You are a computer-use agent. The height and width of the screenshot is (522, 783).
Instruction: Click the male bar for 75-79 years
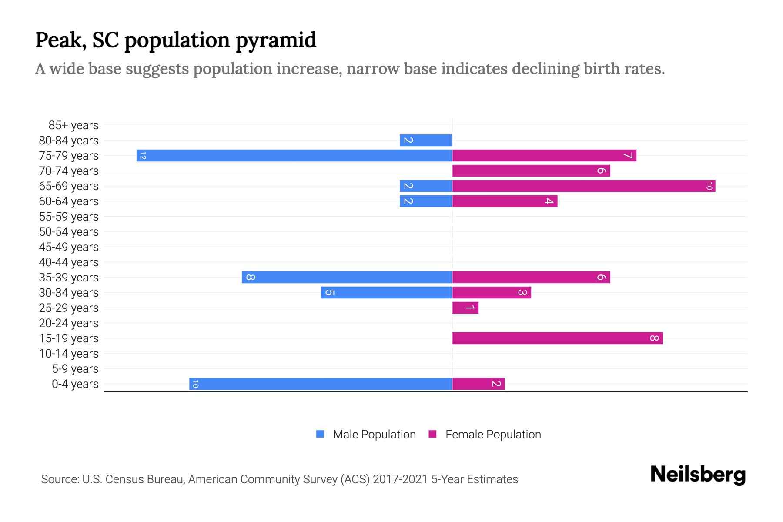point(294,156)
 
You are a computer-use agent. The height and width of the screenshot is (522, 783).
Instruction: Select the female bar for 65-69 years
point(584,186)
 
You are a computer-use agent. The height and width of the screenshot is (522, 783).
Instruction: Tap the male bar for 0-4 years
point(321,384)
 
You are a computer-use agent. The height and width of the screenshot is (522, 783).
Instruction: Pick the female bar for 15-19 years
point(557,338)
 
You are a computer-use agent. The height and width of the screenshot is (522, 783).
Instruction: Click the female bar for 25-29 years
point(465,308)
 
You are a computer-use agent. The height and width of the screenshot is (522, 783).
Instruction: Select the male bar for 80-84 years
point(426,141)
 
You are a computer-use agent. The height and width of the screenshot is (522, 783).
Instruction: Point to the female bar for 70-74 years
point(531,171)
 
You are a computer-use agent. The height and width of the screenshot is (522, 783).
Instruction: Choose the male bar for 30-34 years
point(386,293)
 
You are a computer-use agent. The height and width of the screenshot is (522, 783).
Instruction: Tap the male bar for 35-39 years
point(347,278)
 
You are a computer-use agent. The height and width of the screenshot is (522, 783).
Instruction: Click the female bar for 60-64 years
point(505,201)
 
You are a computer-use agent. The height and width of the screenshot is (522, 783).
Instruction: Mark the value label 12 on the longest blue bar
point(143,156)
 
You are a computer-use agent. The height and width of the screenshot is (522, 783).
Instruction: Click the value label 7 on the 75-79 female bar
point(628,156)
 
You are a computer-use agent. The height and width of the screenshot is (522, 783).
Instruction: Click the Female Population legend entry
point(485,435)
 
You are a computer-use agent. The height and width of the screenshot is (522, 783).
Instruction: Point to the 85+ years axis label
point(74,125)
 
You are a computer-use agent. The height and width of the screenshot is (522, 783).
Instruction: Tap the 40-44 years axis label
point(69,262)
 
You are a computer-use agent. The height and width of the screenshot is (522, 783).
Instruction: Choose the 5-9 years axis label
point(75,369)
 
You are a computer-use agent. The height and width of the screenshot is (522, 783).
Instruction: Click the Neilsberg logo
point(698,475)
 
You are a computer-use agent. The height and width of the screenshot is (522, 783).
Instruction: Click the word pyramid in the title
point(276,40)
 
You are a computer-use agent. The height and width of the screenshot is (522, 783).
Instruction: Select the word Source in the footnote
point(60,479)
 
